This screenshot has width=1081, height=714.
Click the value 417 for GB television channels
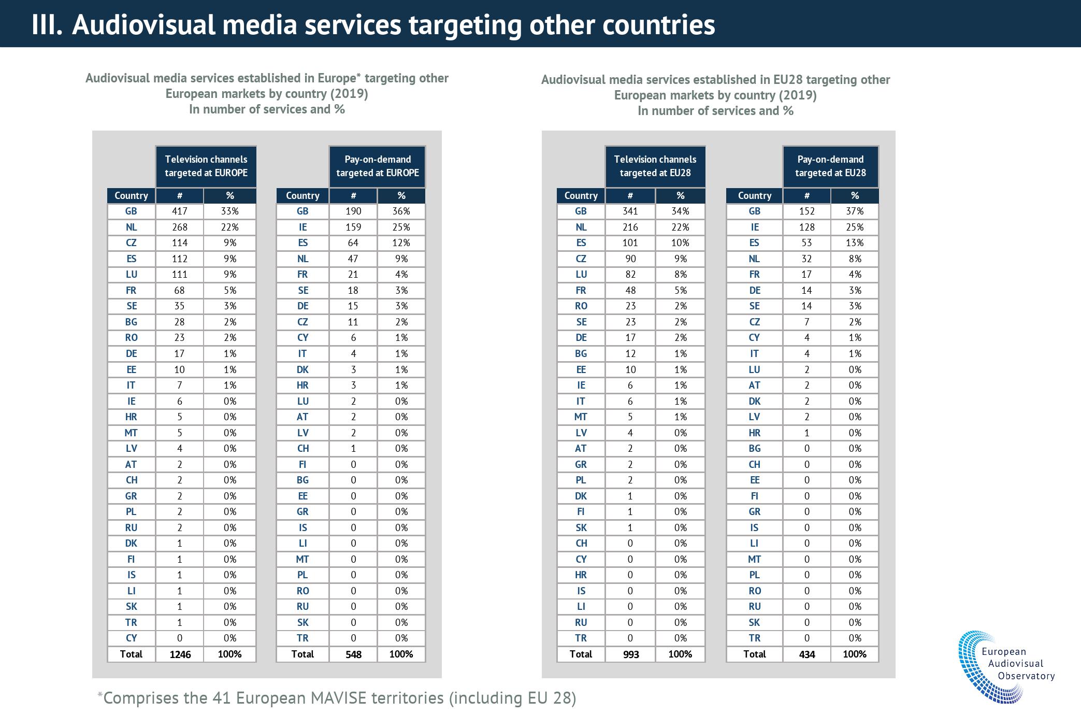(x=180, y=211)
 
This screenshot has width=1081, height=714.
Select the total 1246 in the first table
(x=180, y=654)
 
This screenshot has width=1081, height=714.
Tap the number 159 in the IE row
(x=353, y=227)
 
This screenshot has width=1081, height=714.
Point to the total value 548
(x=353, y=654)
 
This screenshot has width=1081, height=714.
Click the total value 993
(x=630, y=654)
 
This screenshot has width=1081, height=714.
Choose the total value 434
(x=806, y=654)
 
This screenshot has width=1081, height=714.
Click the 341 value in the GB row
(x=630, y=211)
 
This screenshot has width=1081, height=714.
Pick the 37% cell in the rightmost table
(x=855, y=211)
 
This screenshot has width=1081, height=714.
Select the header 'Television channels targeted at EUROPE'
(x=206, y=166)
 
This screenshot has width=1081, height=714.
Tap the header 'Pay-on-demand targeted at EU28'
(x=830, y=166)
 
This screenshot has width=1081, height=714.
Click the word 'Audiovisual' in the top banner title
(x=143, y=24)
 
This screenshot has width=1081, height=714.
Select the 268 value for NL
(x=180, y=227)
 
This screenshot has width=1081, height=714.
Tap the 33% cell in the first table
(x=230, y=211)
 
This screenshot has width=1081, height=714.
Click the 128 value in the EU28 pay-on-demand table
(x=806, y=227)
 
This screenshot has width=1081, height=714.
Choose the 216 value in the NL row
(x=630, y=227)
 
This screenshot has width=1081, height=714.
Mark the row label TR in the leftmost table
(x=131, y=622)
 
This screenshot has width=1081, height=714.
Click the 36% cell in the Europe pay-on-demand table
(x=401, y=211)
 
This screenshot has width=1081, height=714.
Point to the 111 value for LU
(x=180, y=275)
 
